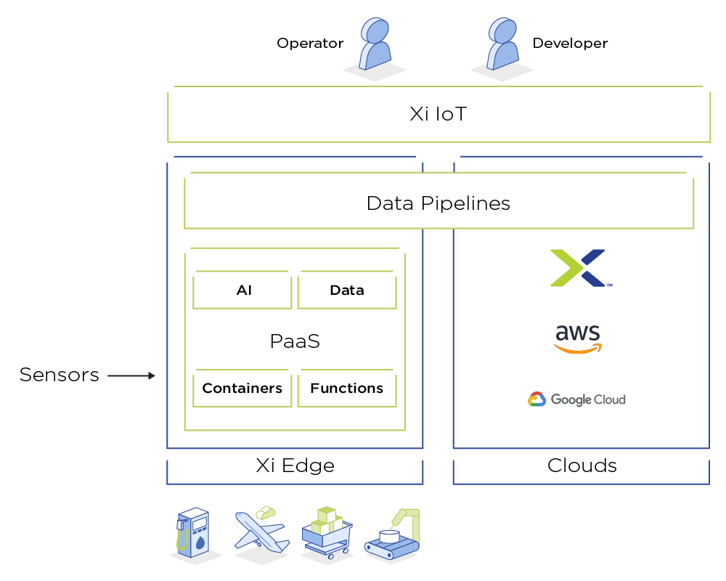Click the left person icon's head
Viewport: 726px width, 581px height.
coord(376,31)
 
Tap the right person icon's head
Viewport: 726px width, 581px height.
coord(503,31)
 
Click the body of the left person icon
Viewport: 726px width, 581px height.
coord(375,57)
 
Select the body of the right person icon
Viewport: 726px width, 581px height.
coord(502,57)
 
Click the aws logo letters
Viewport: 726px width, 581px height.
coord(578,333)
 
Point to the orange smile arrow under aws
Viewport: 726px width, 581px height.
coord(578,349)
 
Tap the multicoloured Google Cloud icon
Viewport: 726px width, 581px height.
coord(537,399)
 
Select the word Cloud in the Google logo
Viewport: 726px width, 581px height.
coord(608,399)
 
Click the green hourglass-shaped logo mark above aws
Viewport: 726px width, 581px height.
coord(571,268)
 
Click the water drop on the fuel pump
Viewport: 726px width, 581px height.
coord(199,540)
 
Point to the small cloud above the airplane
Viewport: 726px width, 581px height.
coord(265,513)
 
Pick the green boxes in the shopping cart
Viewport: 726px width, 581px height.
coord(326,522)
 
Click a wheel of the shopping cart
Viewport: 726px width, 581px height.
coord(331,556)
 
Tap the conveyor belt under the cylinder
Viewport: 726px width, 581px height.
coord(391,550)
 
